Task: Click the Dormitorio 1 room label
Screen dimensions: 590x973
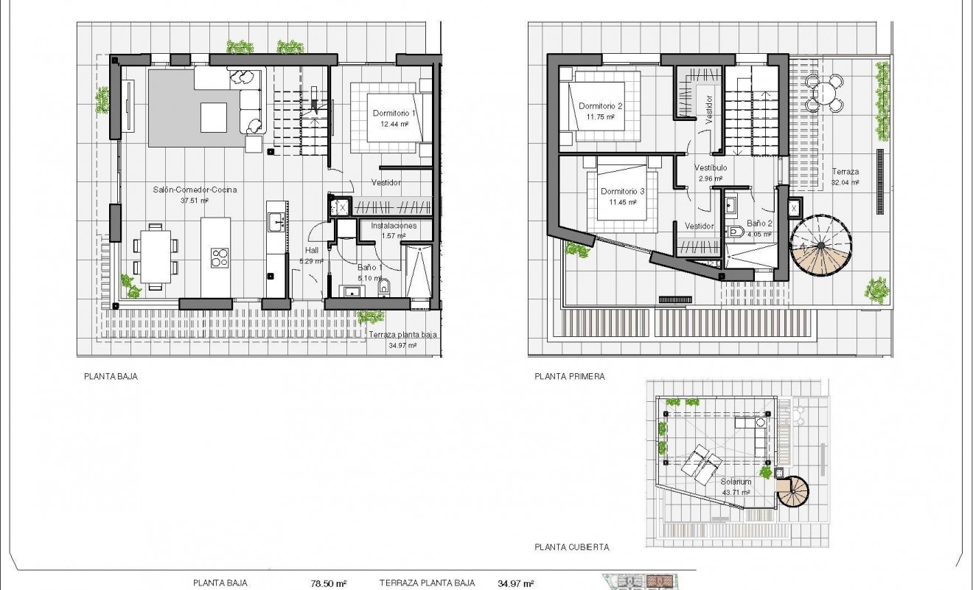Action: [395, 113]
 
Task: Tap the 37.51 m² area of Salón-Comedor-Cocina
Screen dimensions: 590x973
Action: [195, 200]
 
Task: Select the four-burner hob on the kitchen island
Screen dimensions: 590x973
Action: [220, 257]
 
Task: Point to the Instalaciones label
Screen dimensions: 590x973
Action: [394, 226]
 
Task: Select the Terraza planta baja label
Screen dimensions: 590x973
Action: [403, 334]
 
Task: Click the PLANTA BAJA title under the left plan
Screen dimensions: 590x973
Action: [111, 375]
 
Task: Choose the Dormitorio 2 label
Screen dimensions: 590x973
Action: [601, 106]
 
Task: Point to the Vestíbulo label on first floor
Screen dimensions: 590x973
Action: [711, 168]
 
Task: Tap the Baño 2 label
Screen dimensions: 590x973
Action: [759, 223]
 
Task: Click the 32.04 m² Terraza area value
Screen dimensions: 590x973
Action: [845, 182]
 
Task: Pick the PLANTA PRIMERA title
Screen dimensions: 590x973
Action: [570, 376]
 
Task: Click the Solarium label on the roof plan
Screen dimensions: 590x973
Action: [735, 482]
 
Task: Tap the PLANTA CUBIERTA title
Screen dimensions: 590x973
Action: [572, 547]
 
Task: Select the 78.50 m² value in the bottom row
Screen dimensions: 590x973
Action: [328, 583]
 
